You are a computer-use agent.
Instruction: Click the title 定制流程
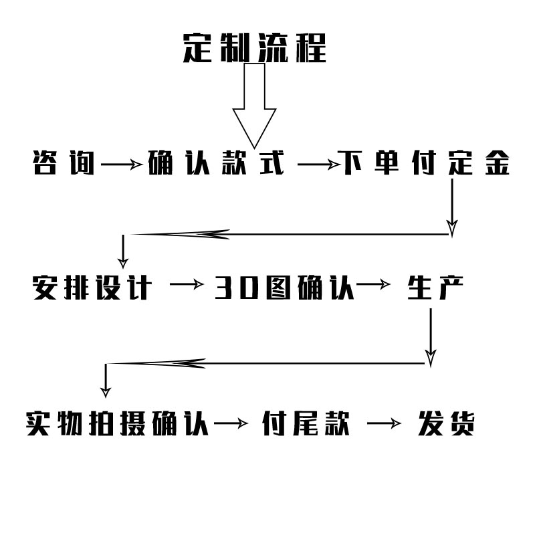click(255, 47)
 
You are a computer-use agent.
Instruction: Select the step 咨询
click(64, 164)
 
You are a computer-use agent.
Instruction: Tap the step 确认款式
click(215, 164)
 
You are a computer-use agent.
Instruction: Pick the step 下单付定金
click(425, 164)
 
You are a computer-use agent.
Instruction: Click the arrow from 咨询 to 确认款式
click(122, 164)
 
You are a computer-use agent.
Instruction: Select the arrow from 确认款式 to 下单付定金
click(317, 164)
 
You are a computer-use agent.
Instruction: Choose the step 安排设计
click(92, 288)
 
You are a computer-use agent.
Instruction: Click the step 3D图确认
click(284, 288)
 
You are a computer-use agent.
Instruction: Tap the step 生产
click(435, 288)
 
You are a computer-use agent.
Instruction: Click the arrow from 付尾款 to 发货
click(385, 423)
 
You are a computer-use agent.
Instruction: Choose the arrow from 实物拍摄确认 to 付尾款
click(231, 423)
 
